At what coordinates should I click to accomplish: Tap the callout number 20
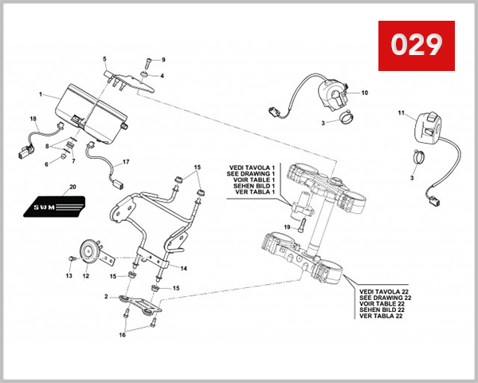72,187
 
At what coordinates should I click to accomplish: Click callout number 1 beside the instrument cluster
40,94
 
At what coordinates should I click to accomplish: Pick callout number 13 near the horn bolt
69,276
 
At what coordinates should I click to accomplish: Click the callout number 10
365,93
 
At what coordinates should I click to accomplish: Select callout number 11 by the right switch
402,113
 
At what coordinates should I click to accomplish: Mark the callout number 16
122,335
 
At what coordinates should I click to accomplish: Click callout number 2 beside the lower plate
106,297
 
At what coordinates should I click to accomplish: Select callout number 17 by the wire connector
126,162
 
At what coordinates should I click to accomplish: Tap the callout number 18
33,120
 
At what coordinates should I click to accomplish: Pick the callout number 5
104,59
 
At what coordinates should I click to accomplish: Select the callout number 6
46,164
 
